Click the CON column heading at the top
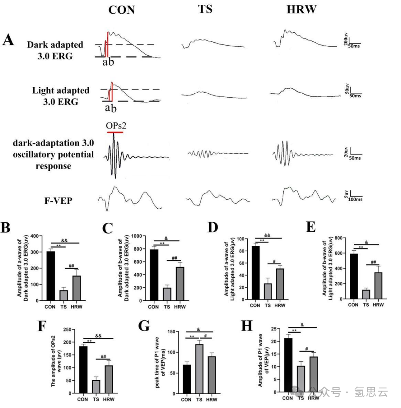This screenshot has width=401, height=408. tap(121, 10)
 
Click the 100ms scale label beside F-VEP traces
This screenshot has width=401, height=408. tap(356, 199)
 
